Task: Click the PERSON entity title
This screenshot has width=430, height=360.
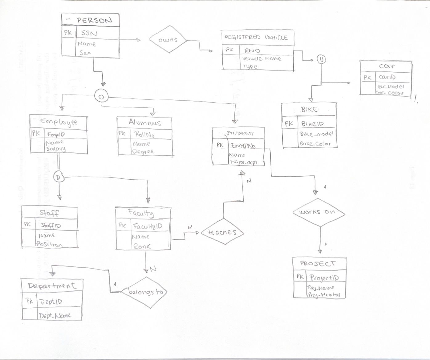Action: (94, 20)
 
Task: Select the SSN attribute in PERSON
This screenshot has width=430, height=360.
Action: (89, 33)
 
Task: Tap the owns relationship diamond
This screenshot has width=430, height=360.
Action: (168, 40)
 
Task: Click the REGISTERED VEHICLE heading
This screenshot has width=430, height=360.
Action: (256, 37)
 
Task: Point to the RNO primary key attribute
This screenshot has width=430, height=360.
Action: (252, 50)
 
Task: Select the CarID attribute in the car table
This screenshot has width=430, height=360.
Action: (387, 77)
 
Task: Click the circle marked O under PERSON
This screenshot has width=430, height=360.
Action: (101, 96)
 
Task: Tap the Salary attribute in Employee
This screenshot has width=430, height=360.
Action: (55, 149)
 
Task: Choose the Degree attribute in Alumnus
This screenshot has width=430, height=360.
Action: (143, 151)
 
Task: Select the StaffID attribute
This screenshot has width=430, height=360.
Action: (51, 226)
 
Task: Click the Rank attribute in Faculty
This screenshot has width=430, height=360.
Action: (142, 246)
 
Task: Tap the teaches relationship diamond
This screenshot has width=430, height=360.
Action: (222, 232)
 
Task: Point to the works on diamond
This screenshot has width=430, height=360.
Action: (317, 212)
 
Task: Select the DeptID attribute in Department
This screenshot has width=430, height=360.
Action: (51, 302)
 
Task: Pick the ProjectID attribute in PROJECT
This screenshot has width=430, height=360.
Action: (324, 278)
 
